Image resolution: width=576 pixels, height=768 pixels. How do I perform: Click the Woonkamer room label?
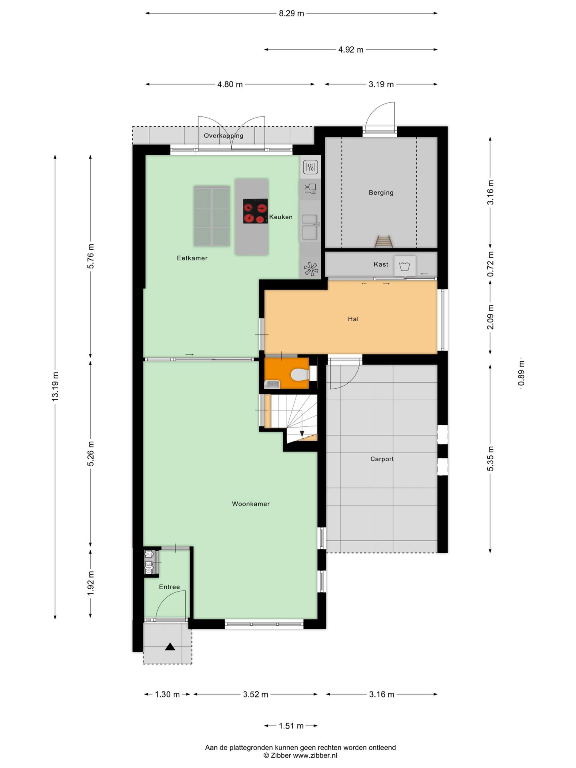pos(251,504)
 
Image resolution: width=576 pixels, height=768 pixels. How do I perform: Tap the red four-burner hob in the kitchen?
pos(255,211)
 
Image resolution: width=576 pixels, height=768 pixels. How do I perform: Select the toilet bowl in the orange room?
pos(300,375)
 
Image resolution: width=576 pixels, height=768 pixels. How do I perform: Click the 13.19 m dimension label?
pos(55,386)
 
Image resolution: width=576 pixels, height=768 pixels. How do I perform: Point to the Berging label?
pos(381,192)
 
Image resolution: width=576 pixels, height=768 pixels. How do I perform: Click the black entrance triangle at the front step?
pos(170,647)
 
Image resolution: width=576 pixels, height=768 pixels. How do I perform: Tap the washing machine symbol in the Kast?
pos(404,266)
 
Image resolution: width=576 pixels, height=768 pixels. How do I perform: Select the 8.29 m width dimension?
pos(291,13)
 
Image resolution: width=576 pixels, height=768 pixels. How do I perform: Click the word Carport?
pos(382,459)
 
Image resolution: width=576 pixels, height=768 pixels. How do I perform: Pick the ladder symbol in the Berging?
pos(383,241)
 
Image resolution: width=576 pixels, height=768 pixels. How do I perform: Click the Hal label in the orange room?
pos(353,319)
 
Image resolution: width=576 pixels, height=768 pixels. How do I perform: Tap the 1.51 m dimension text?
pos(291,726)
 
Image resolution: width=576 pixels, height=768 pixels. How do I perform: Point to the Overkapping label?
pos(223,136)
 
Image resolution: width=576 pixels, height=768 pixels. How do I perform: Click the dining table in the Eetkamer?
pos(212,216)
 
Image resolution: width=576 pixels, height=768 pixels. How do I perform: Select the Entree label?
pos(169,587)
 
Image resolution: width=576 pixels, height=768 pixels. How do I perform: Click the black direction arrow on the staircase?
pos(302,434)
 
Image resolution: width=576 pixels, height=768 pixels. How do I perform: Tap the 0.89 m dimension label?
pos(521,374)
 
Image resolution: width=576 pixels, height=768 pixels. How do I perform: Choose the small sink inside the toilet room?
pos(272,384)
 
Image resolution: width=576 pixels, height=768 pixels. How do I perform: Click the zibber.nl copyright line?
pos(300,756)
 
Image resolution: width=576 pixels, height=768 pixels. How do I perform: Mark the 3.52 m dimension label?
pos(255,694)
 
